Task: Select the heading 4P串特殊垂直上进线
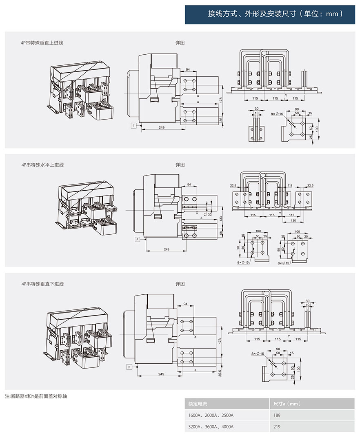pyautogui.click(x=42, y=42)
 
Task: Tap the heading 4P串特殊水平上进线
pyautogui.click(x=42, y=165)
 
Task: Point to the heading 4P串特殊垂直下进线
pyautogui.click(x=42, y=284)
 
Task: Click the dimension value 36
pyautogui.click(x=221, y=120)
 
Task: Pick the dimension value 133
pyautogui.click(x=221, y=219)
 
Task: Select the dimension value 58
pyautogui.click(x=221, y=233)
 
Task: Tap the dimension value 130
pyautogui.click(x=293, y=221)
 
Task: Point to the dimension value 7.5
pyautogui.click(x=289, y=185)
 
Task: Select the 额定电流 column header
pyautogui.click(x=198, y=404)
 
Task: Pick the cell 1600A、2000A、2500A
pyautogui.click(x=211, y=415)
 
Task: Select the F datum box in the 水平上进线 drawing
pyautogui.click(x=138, y=239)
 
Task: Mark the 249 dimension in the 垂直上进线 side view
pyautogui.click(x=161, y=128)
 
